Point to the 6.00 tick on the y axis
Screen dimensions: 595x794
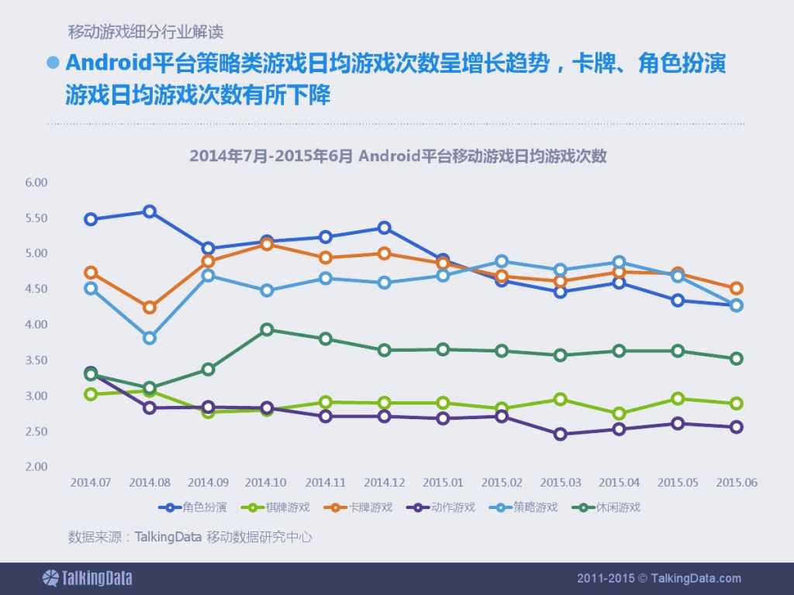click(x=36, y=183)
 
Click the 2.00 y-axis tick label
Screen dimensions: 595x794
click(x=36, y=467)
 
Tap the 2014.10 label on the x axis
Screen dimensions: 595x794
click(x=267, y=482)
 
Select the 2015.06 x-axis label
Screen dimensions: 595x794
click(x=736, y=482)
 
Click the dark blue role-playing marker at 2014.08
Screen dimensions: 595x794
click(x=150, y=212)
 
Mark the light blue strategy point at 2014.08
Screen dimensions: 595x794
click(x=150, y=338)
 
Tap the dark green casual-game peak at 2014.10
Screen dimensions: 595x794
click(x=267, y=329)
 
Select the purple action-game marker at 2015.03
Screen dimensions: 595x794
click(x=560, y=434)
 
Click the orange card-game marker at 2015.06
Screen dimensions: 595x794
click(x=736, y=288)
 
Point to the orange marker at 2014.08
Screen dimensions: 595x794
click(x=150, y=308)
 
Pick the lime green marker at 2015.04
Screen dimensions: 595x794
click(x=619, y=414)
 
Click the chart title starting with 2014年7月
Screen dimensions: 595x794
click(x=397, y=156)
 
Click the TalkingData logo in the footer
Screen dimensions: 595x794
click(x=87, y=578)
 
